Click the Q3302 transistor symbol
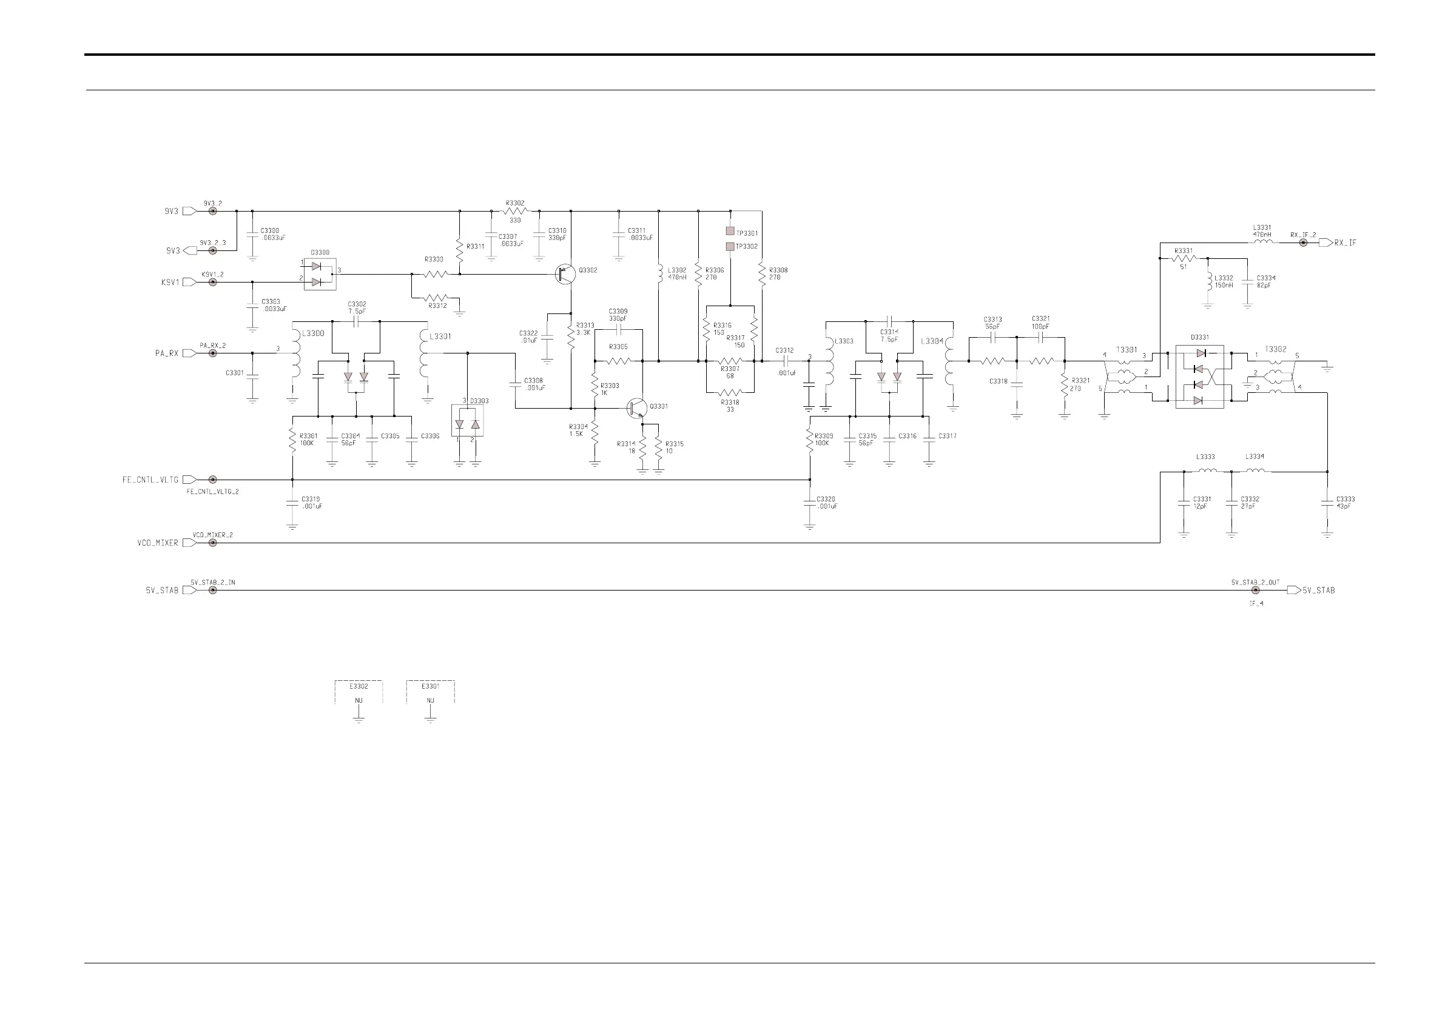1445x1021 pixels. point(565,274)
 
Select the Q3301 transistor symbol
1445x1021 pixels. point(636,407)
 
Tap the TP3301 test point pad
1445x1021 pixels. point(730,232)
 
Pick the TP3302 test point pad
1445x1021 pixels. point(730,246)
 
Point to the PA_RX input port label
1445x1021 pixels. point(167,353)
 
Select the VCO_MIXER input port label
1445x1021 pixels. point(158,543)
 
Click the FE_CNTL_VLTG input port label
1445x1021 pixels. point(150,480)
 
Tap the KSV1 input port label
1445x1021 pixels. point(170,283)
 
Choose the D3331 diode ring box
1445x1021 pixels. point(1199,376)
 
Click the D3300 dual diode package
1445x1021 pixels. point(320,274)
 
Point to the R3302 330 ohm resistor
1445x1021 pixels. point(515,212)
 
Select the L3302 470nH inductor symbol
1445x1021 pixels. point(659,274)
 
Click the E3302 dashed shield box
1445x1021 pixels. point(359,691)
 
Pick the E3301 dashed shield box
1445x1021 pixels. point(431,691)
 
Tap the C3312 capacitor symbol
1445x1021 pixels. point(785,361)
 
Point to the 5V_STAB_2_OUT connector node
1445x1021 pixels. point(1256,590)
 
